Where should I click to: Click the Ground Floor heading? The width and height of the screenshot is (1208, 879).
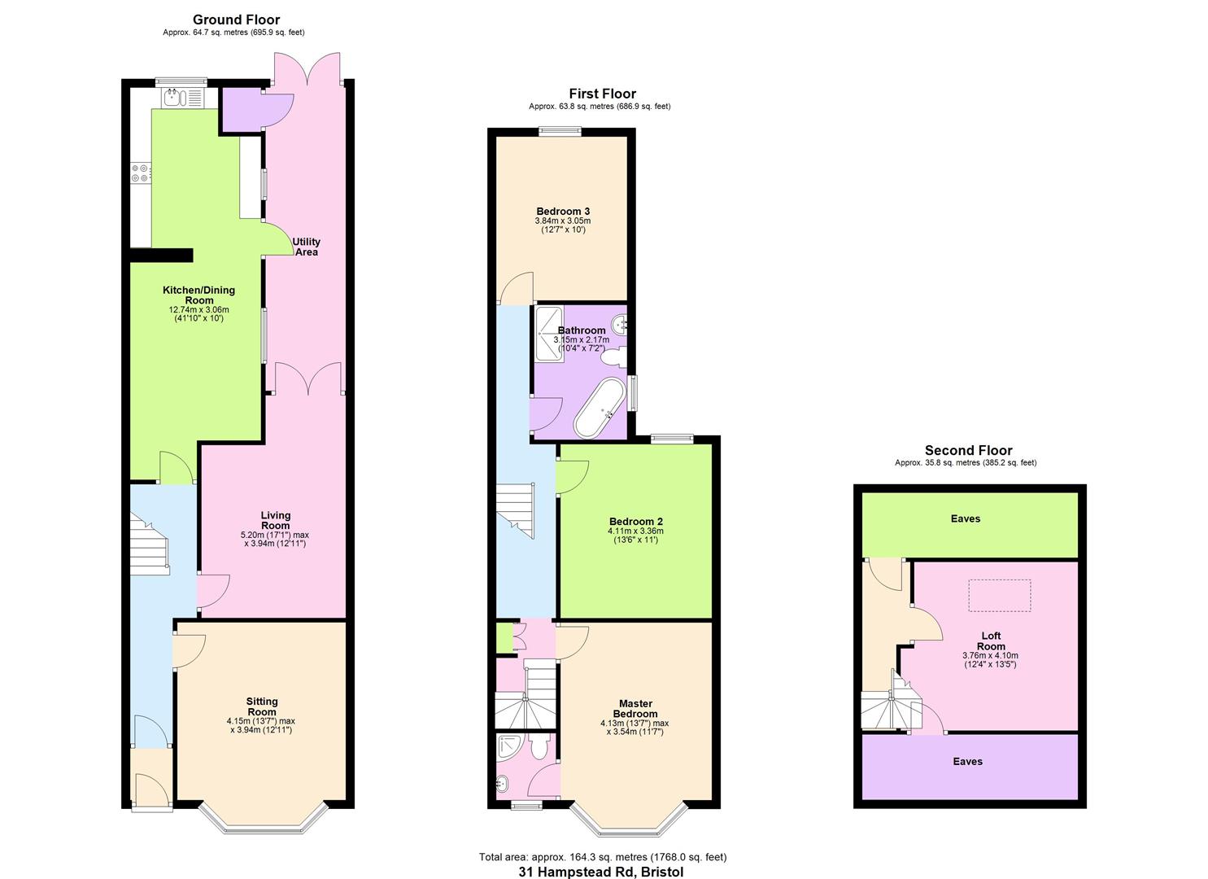[x=236, y=20]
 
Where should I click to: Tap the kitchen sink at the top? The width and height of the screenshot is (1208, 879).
[x=183, y=98]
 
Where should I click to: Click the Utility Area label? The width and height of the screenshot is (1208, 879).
[x=307, y=247]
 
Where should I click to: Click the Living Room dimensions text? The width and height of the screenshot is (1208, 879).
[x=275, y=540]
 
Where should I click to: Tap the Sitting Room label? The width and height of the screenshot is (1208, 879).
[x=262, y=702]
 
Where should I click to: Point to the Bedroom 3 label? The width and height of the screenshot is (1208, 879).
[x=563, y=212]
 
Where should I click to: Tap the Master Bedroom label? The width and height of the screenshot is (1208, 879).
[x=635, y=708]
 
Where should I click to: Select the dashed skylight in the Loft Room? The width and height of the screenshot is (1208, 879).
[x=1000, y=595]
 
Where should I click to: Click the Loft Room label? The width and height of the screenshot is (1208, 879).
[x=991, y=641]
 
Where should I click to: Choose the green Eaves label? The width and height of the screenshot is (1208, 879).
[x=966, y=518]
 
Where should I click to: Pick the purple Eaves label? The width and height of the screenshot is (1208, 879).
[x=967, y=761]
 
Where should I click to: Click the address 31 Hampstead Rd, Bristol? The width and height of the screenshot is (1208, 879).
[x=601, y=872]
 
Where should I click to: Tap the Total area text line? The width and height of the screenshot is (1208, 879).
[x=602, y=856]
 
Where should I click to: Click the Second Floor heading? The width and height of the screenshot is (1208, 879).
[x=968, y=450]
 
